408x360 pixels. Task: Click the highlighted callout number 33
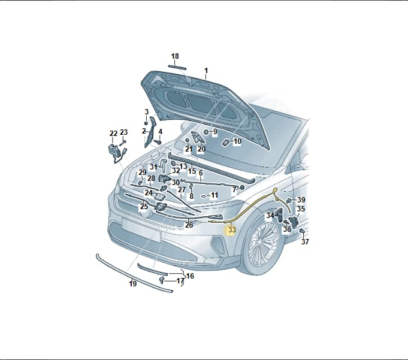coord(232,230)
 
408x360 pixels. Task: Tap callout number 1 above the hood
coord(206,71)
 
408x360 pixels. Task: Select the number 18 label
coord(175,56)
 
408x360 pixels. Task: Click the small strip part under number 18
coord(177,68)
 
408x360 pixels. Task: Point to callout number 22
coord(113,134)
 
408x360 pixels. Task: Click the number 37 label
coord(305,241)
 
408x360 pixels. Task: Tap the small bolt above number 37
coord(302,231)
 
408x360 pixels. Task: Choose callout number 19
coord(132,283)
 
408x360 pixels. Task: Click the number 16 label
coord(190,276)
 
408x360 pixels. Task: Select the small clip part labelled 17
coord(162,280)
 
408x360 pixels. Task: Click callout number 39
coord(301,200)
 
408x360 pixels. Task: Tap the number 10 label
coord(237,141)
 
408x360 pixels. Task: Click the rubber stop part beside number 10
coord(226,143)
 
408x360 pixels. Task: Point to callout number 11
coord(214,195)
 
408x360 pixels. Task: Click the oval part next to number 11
coord(204,196)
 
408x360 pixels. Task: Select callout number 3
coord(147,112)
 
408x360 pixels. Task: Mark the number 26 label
coord(189,225)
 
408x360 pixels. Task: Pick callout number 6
coord(201,173)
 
